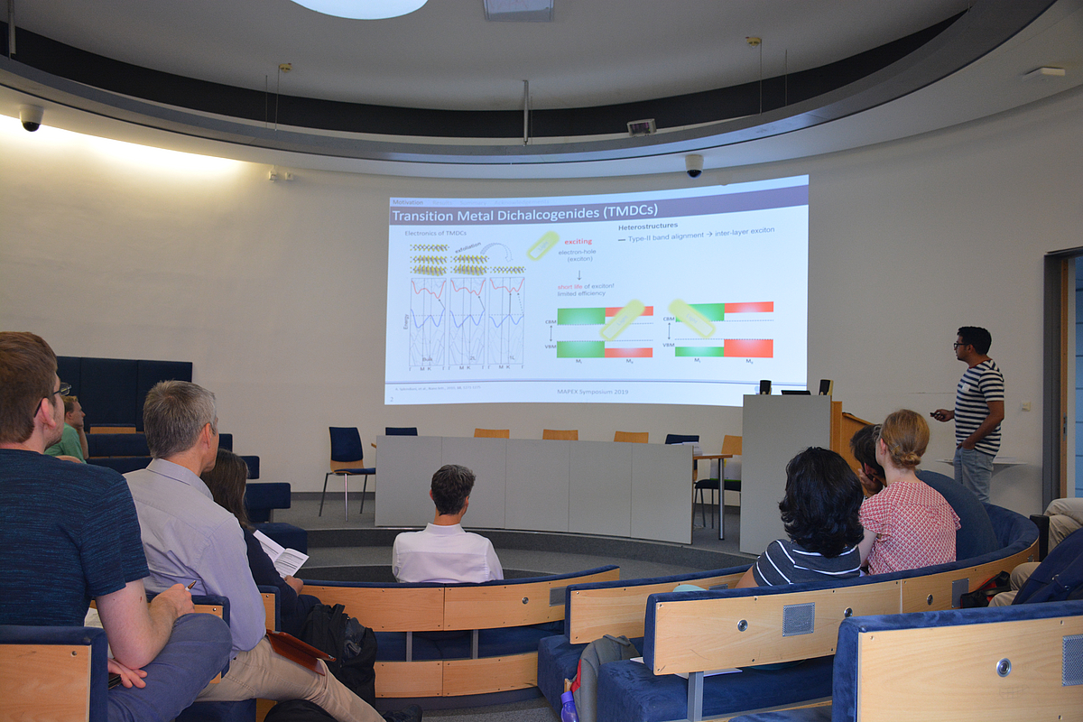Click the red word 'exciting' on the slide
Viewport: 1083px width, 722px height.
(x=578, y=242)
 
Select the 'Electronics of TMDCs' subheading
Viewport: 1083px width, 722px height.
(x=436, y=234)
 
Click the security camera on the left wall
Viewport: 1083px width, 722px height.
(x=31, y=117)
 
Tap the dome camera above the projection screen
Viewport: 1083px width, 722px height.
(x=693, y=165)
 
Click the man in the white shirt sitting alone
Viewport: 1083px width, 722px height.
(x=447, y=532)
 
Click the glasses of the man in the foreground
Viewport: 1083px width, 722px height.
(x=59, y=392)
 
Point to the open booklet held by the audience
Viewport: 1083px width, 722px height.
(x=280, y=553)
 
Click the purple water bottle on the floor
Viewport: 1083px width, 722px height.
(x=569, y=707)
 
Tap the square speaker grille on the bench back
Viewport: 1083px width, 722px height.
(x=797, y=619)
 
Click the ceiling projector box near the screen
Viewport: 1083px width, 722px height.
(x=641, y=127)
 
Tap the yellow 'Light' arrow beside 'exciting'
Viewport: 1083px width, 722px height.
(x=542, y=245)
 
